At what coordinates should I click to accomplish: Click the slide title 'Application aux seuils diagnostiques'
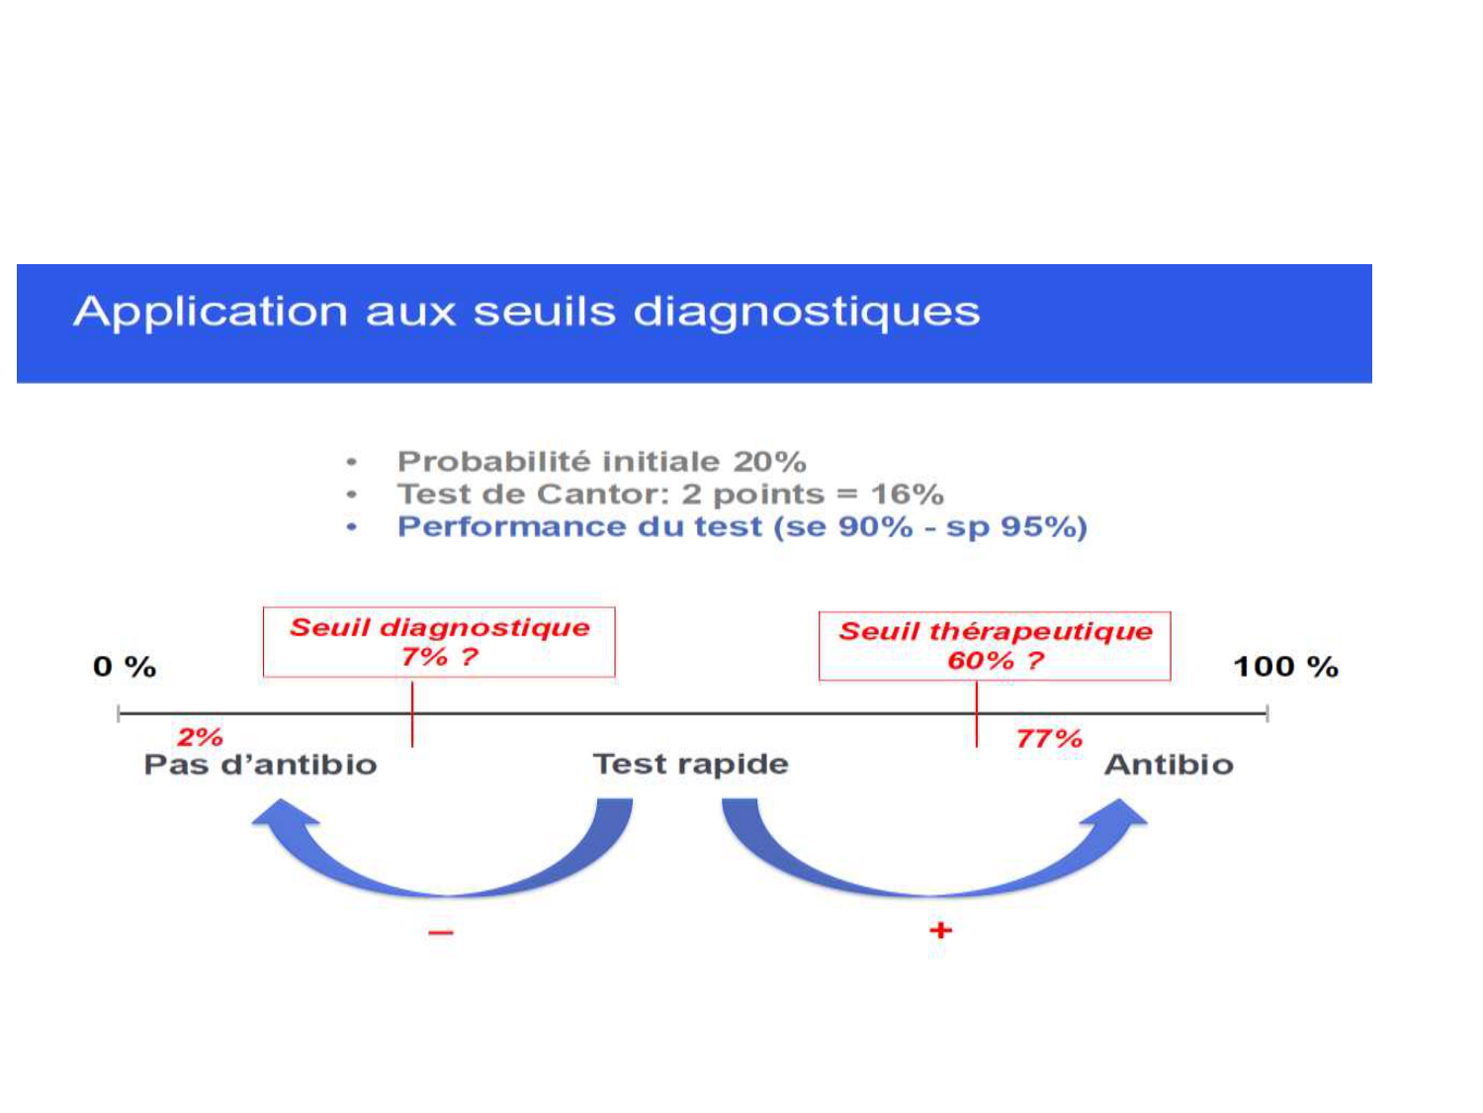[526, 312]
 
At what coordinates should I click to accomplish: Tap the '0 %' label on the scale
[125, 667]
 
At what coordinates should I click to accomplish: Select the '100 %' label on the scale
[1285, 667]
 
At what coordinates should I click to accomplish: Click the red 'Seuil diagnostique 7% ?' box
[439, 642]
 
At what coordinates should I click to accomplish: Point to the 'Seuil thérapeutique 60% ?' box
[995, 646]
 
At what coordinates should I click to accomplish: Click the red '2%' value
[200, 737]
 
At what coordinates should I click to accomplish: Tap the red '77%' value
[1049, 738]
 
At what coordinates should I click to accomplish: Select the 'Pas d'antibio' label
[260, 765]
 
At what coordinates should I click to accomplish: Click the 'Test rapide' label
[690, 764]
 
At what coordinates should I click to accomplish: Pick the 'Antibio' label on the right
[1169, 765]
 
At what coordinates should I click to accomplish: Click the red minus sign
[441, 932]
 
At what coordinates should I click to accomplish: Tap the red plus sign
[940, 930]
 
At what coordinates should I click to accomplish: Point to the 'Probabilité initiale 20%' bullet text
[601, 461]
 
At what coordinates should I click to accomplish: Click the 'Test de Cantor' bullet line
[670, 494]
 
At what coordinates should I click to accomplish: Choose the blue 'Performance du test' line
[741, 526]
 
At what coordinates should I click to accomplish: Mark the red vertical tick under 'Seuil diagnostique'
[412, 714]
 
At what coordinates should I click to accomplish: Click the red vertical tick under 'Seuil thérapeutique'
[977, 714]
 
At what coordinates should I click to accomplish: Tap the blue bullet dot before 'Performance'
[352, 527]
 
